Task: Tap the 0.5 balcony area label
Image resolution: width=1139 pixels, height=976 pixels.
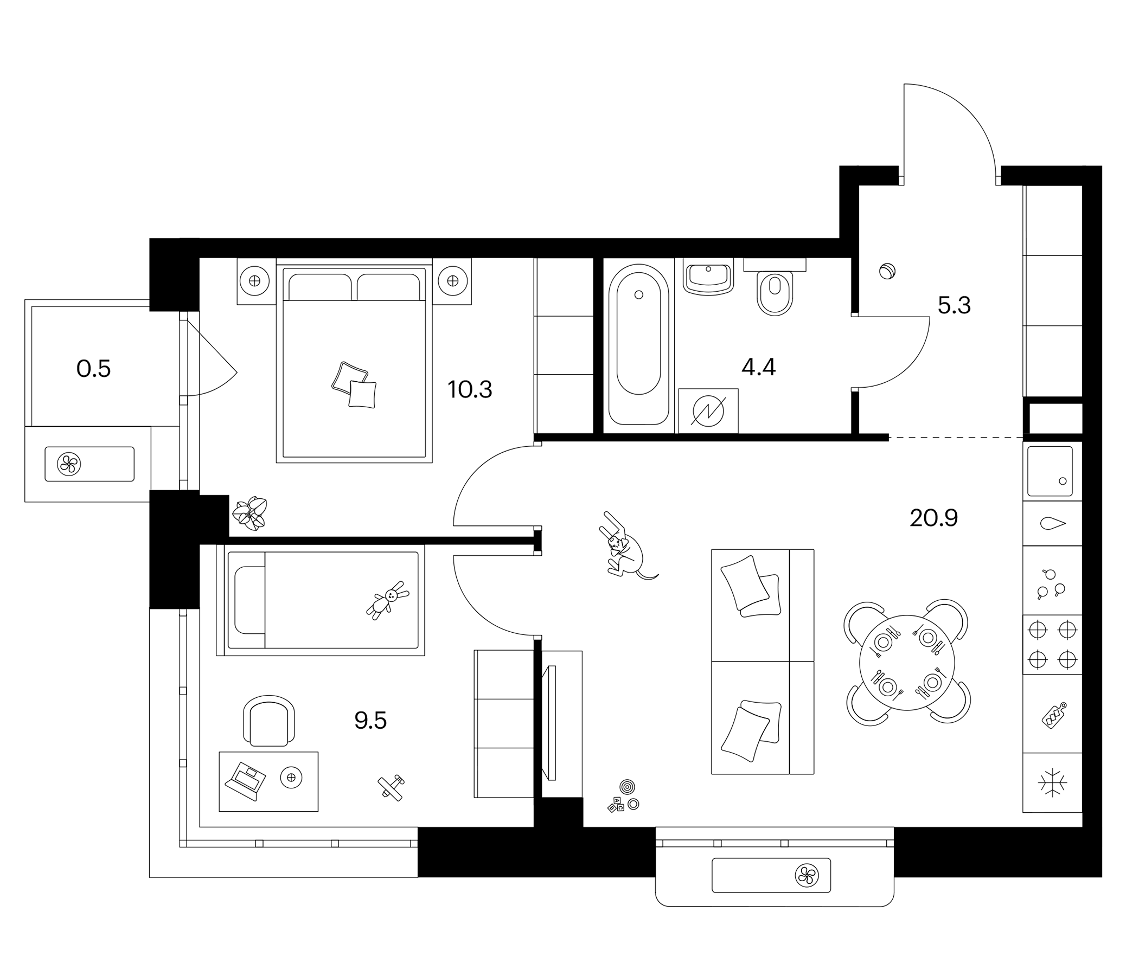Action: point(93,369)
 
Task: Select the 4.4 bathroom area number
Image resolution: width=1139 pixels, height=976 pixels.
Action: point(758,367)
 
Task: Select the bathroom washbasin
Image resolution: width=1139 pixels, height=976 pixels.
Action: point(708,277)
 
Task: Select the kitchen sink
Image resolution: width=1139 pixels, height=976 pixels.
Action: point(1050,471)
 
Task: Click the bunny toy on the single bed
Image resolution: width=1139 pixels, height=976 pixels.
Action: point(388,600)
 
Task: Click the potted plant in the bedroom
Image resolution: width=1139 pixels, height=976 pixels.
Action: point(250,513)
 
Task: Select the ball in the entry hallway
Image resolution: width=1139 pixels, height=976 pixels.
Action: point(888,272)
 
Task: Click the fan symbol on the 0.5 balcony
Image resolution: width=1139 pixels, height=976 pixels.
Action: point(69,464)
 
